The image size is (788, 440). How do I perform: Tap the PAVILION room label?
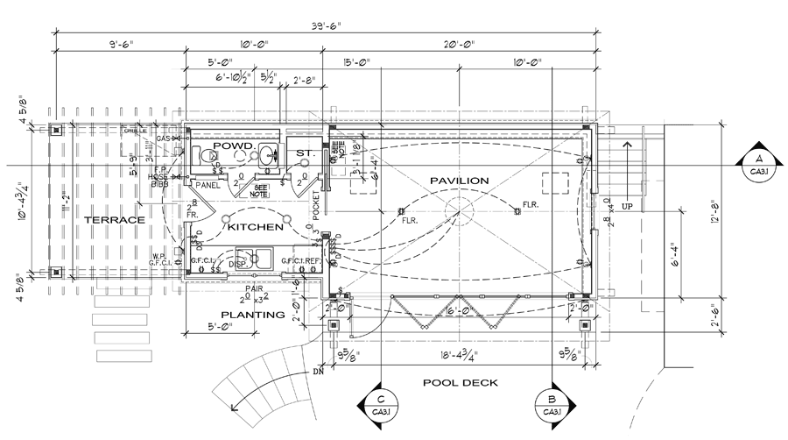(x=459, y=180)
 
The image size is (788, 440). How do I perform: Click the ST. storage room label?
(x=305, y=153)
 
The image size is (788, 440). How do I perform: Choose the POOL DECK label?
(x=460, y=382)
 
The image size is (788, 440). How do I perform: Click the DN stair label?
(x=318, y=372)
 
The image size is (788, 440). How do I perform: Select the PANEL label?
(x=207, y=185)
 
